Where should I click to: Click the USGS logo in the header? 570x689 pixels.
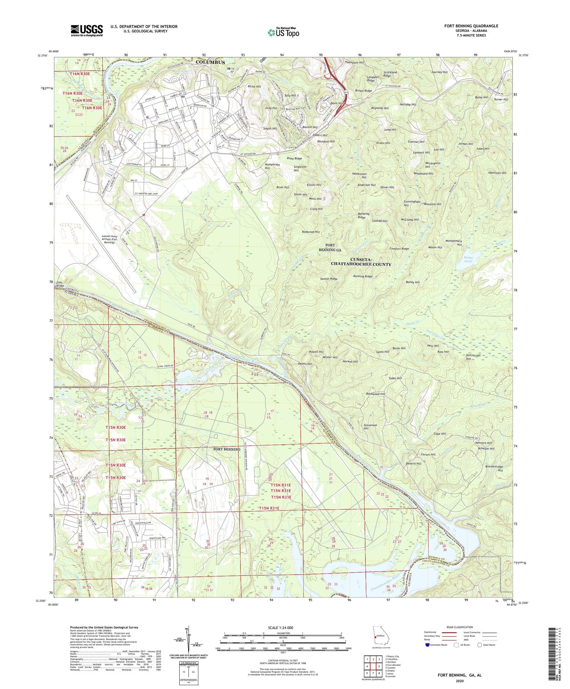[87, 30]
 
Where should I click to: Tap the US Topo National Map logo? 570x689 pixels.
[283, 32]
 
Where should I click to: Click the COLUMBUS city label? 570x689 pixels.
[210, 62]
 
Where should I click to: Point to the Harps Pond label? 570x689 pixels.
[468, 259]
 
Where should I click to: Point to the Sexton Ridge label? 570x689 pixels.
[329, 279]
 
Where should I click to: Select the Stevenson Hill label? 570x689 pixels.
[370, 426]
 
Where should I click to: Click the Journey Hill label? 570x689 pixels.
[439, 72]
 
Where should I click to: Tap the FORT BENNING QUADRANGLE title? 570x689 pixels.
[471, 26]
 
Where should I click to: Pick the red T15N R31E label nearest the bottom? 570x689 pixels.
[269, 508]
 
